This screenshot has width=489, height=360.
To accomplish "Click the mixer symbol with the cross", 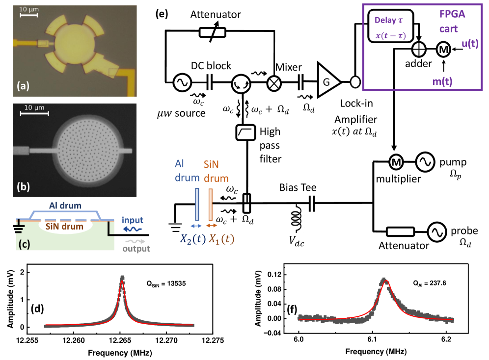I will pos(272,83).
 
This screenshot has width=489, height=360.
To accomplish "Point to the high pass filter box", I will pos(244,132).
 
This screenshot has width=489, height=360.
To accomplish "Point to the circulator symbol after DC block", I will pos(241,83).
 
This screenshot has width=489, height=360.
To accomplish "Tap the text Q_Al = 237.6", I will pos(426,283).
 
